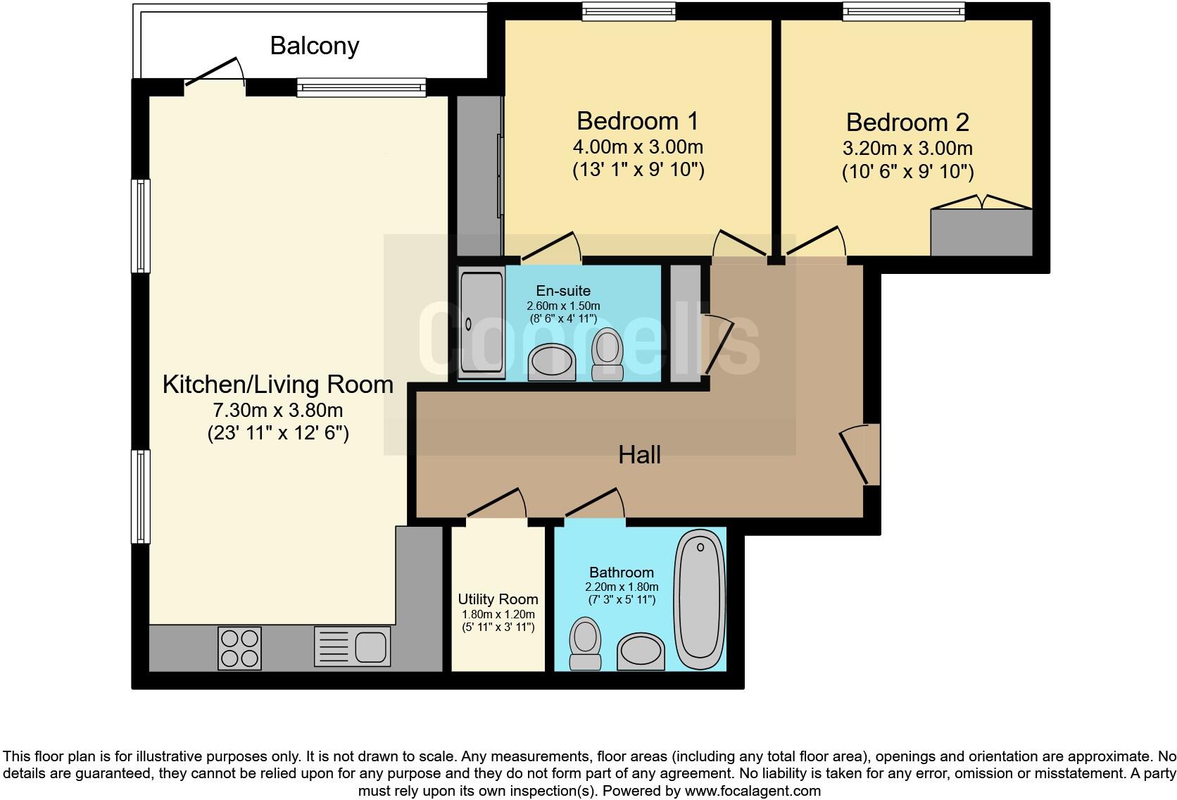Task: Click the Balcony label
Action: [x=315, y=46]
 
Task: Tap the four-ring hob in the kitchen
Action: [x=239, y=648]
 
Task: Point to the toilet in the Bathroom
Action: [x=584, y=643]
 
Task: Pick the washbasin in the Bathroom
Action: [x=641, y=651]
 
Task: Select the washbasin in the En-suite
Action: [x=552, y=362]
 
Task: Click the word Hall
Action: [x=639, y=455]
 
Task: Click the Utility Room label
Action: [x=498, y=599]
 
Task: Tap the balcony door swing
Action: [x=215, y=73]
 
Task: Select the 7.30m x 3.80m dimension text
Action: [x=278, y=410]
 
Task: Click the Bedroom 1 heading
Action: [x=637, y=121]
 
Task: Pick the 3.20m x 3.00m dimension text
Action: [x=907, y=149]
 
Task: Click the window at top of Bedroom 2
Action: [x=904, y=11]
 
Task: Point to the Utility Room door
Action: [x=496, y=504]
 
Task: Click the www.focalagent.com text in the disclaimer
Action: [x=753, y=791]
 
